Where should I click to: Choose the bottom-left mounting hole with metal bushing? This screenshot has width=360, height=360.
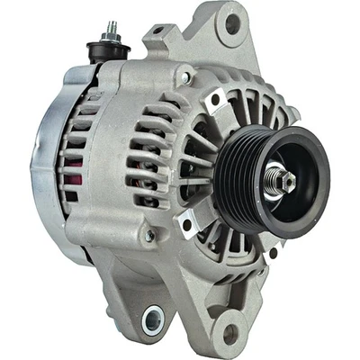tap(153, 318)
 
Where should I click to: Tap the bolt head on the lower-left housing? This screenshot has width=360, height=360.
tap(148, 236)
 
